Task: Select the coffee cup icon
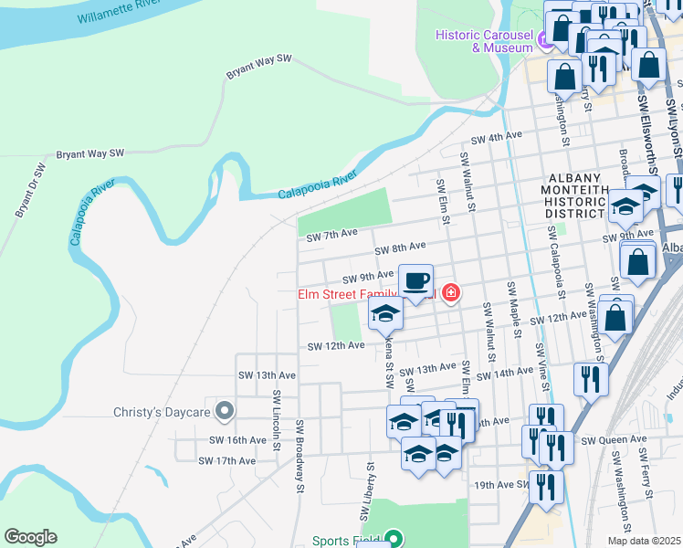pos(415,281)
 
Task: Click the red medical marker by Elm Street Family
pos(450,293)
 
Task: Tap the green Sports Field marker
pos(393,540)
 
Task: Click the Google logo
pos(30,537)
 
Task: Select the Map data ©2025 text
pos(644,541)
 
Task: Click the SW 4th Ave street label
pos(496,138)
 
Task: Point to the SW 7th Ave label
pos(331,236)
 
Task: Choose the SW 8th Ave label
pos(401,248)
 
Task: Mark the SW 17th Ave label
pos(227,461)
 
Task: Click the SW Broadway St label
pos(299,455)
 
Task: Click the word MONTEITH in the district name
pos(574,197)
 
